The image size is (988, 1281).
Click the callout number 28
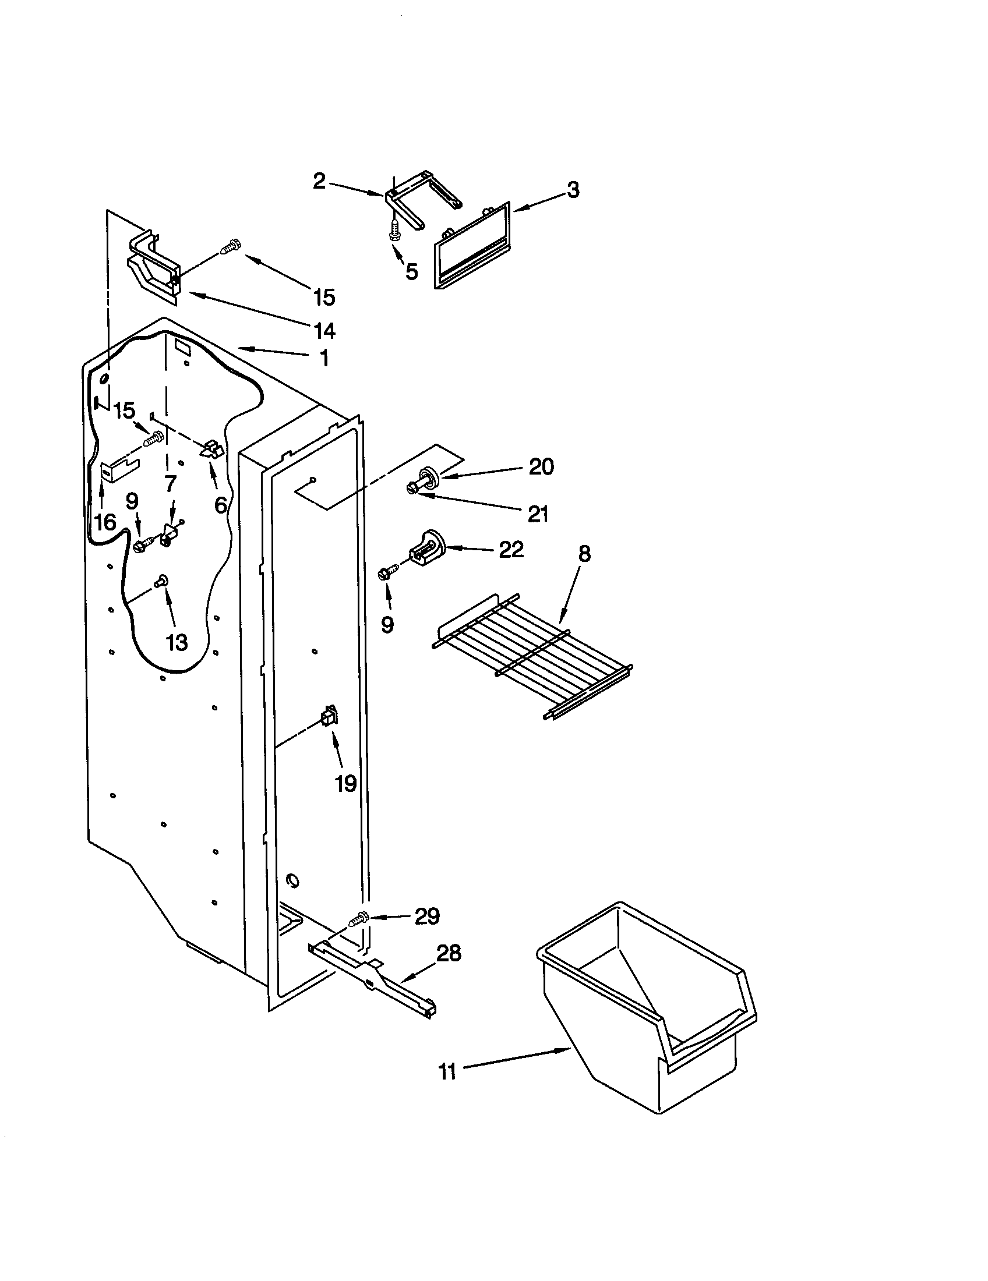(449, 953)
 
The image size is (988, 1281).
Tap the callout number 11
(447, 1071)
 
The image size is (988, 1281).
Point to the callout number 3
(573, 189)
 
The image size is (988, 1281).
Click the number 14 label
(324, 331)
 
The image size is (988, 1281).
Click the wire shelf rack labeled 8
(531, 657)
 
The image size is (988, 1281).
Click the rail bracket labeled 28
(376, 976)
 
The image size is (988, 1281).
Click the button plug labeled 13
(161, 581)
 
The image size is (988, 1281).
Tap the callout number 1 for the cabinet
(323, 357)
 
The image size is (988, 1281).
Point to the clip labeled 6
(212, 450)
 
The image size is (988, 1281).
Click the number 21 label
(538, 514)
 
